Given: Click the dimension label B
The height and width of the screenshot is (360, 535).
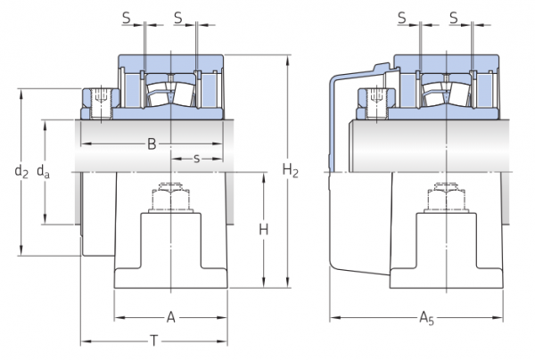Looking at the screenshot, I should [152, 143].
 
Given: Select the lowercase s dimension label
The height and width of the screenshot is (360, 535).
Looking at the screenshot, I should [196, 159].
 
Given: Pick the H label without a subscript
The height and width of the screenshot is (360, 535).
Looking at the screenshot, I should [264, 230].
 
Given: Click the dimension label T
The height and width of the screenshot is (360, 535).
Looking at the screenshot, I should [154, 340].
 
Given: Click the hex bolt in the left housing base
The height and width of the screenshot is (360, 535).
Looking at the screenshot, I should [170, 198].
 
